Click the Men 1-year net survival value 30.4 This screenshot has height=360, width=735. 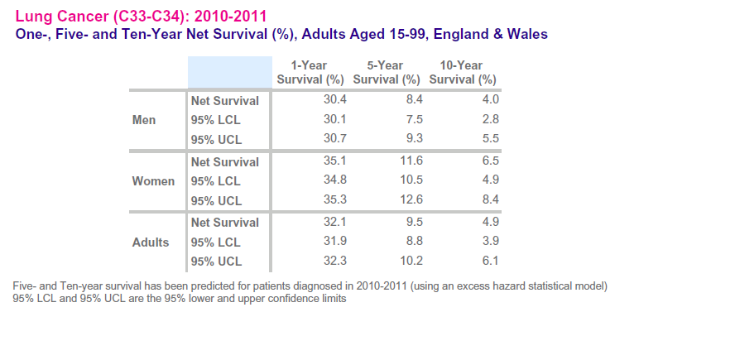pos(334,100)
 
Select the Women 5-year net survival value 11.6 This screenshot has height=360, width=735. pos(411,161)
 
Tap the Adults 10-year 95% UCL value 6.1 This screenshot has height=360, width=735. pos(490,262)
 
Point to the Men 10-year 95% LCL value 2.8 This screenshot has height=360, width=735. pos(490,119)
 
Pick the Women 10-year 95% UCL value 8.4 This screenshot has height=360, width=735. pos(490,200)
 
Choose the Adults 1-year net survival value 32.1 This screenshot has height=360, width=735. pos(334,222)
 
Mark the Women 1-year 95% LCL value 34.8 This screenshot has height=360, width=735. pos(334,180)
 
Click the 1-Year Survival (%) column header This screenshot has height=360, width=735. pos(310,73)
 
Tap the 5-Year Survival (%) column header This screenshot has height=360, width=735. pos(387,73)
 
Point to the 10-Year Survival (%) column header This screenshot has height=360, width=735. pos(463,73)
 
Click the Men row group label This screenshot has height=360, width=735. pos(144,120)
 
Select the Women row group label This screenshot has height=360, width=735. pos(153,181)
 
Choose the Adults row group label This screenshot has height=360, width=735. pos(151,242)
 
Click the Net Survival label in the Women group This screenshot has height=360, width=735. pos(224,162)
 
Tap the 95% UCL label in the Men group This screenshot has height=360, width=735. pos(216,140)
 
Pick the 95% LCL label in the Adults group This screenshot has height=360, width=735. pos(215,242)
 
